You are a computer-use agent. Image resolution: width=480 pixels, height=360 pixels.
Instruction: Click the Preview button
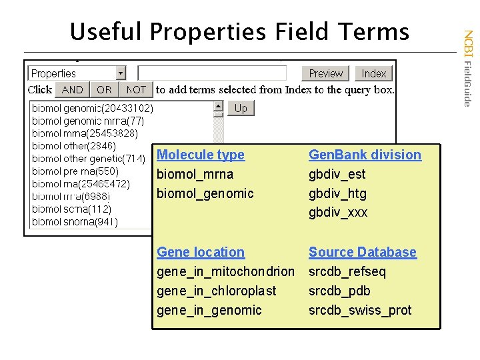(x=326, y=73)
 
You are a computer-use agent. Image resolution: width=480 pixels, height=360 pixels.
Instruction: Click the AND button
(x=72, y=89)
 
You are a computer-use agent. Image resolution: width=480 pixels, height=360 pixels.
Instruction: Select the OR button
(x=104, y=89)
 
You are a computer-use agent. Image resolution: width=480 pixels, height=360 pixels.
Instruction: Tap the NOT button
(x=136, y=89)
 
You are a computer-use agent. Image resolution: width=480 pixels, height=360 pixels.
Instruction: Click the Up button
(x=241, y=108)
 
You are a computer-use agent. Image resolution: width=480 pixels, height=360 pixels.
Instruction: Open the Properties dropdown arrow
(x=121, y=73)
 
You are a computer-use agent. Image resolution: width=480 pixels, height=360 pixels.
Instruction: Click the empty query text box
(x=212, y=73)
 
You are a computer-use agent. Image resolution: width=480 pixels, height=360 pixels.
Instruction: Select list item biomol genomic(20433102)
(x=93, y=107)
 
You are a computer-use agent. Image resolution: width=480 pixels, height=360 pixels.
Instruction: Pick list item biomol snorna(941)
(x=75, y=222)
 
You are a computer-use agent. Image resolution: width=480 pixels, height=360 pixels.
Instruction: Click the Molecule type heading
(x=200, y=155)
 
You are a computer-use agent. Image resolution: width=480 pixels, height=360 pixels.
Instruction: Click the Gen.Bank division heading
(x=365, y=155)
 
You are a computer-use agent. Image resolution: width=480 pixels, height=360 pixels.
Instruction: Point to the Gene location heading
(x=200, y=252)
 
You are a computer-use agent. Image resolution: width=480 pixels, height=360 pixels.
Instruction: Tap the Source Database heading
(x=362, y=252)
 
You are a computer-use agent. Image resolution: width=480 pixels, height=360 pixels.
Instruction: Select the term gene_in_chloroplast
(x=216, y=291)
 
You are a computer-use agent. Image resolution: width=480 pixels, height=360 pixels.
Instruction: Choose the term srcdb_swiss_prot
(x=360, y=310)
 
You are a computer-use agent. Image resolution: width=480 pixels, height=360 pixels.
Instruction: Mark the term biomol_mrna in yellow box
(x=195, y=174)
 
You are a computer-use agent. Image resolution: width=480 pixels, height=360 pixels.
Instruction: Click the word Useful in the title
(x=106, y=31)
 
